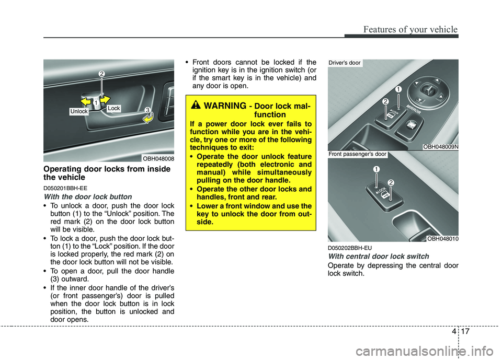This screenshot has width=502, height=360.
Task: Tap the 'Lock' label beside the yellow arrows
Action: pos(114,108)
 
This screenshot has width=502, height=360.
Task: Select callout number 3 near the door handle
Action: pos(148,110)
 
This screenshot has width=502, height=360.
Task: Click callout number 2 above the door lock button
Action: pos(102,75)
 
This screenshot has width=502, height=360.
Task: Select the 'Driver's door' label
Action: pos(345,63)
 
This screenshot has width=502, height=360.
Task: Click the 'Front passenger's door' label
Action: pos(358,154)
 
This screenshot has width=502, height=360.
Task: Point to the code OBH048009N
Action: pos(441,147)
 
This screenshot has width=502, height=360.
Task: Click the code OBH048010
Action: pos(442,239)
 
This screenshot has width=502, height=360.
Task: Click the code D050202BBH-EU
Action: pos(350,247)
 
